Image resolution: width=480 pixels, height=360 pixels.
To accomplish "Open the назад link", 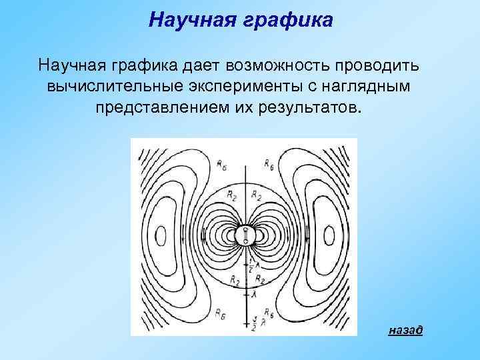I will point(405,330).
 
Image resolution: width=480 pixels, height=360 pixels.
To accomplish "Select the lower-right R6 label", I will point(268,311).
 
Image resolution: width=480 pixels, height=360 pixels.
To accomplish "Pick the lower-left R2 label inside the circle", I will point(234,281).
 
